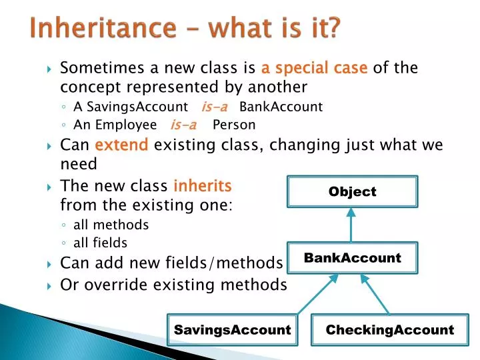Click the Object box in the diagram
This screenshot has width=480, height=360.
[352, 191]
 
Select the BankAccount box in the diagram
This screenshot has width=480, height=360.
[352, 258]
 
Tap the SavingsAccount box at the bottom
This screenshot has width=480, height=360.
[232, 330]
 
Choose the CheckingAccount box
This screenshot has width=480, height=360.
[390, 330]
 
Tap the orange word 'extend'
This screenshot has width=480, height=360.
[121, 145]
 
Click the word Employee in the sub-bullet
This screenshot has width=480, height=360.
[125, 125]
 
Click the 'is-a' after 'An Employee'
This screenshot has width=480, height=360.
[183, 125]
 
